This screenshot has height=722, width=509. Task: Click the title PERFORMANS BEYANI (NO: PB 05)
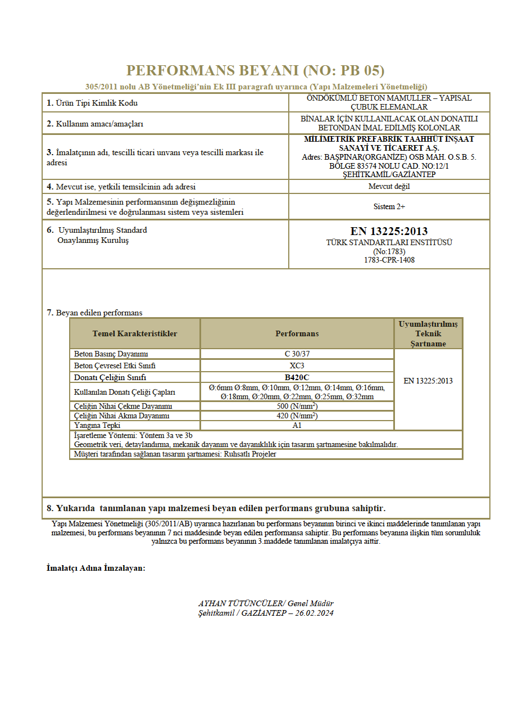pyautogui.click(x=255, y=71)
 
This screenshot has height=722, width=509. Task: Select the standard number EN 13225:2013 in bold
pyautogui.click(x=389, y=231)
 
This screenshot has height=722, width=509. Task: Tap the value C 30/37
pyautogui.click(x=297, y=354)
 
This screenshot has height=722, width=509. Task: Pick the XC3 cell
pyautogui.click(x=297, y=365)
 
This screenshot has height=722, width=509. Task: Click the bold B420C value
pyautogui.click(x=297, y=377)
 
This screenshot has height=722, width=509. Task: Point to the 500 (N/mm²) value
pyautogui.click(x=297, y=406)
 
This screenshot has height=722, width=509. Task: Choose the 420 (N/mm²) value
pyautogui.click(x=297, y=416)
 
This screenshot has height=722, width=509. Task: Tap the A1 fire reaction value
pyautogui.click(x=297, y=426)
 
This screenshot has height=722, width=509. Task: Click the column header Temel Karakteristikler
pyautogui.click(x=135, y=333)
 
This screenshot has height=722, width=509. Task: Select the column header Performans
pyautogui.click(x=297, y=333)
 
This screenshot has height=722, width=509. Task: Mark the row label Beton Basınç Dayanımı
pyautogui.click(x=111, y=354)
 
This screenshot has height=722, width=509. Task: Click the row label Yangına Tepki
pyautogui.click(x=97, y=426)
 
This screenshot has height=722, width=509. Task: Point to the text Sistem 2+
pyautogui.click(x=389, y=206)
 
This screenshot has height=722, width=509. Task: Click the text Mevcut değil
pyautogui.click(x=389, y=187)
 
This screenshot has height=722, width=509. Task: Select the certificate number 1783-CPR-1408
pyautogui.click(x=389, y=260)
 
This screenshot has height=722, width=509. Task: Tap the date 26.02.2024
pyautogui.click(x=315, y=613)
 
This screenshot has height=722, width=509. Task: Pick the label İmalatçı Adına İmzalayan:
pyautogui.click(x=96, y=568)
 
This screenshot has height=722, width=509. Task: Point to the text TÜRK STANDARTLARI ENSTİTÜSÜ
pyautogui.click(x=389, y=242)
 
